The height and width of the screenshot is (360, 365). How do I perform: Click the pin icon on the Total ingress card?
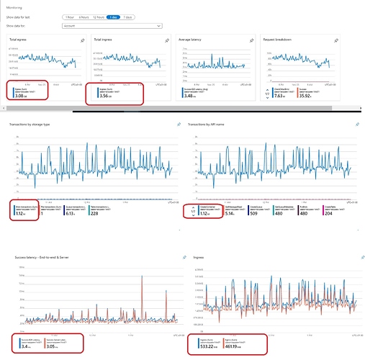(168, 41)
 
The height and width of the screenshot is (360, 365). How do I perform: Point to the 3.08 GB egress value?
(19, 94)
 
